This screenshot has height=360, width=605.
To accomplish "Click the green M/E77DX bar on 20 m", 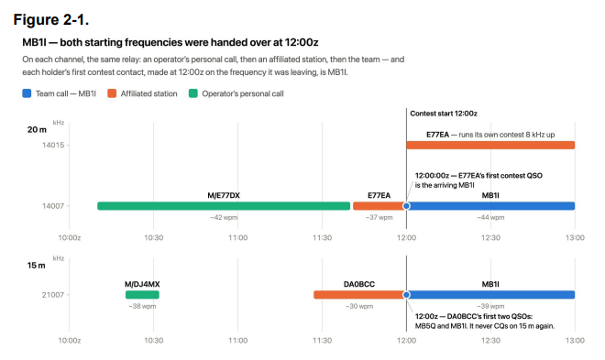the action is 224,206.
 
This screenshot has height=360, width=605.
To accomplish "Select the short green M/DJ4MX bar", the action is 142,295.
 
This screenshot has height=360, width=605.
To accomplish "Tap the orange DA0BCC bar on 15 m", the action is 358,295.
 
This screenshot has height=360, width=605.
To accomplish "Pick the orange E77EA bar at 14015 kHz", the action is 490,145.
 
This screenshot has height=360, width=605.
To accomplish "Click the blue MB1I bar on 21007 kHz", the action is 491,295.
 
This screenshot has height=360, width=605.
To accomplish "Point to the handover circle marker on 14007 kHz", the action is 406,206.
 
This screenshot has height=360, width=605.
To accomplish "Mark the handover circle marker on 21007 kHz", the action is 406,295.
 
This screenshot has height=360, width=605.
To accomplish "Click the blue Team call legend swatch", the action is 27,93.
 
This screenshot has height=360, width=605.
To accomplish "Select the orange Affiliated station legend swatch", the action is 112,93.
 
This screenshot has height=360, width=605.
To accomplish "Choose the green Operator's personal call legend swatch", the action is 193,93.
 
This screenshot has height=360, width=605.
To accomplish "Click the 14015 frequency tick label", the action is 53,145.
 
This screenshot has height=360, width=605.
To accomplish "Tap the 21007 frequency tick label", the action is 53,295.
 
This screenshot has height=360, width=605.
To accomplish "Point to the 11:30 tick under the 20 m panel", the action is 322,238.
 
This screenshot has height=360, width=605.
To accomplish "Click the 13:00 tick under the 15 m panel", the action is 575,341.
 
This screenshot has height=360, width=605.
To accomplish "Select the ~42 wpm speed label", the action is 224,217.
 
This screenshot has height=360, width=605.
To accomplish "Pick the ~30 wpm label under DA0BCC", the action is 359,307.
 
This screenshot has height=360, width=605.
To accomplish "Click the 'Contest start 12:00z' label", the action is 444,114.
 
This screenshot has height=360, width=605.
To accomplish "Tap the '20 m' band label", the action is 37,129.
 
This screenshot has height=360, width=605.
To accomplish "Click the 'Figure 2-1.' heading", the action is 51,19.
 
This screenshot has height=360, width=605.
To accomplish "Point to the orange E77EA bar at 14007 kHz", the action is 379,206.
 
